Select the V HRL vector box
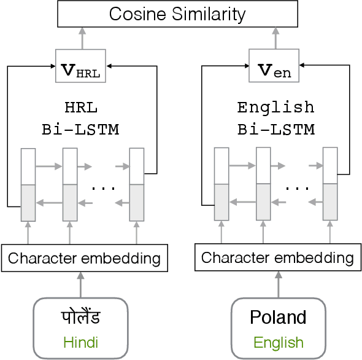pos(81,66)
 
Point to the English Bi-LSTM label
pos(275,118)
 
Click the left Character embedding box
pos(84,258)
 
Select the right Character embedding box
pos(277,258)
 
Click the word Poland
pos(278,318)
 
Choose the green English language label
pos(278,342)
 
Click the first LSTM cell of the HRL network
pos(28,184)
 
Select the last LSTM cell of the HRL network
pos(136,184)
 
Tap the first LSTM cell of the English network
pos(221,184)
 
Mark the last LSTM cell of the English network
pos(330,184)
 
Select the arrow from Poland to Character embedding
pos(277,284)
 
